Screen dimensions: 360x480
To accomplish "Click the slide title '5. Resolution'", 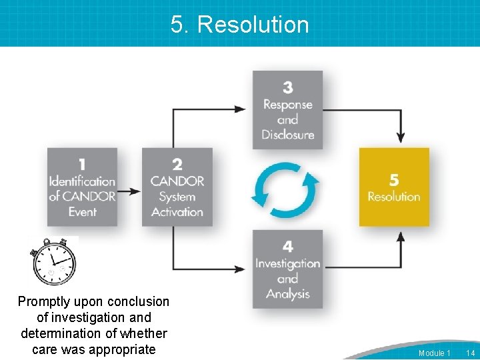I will pyautogui.click(x=240, y=25).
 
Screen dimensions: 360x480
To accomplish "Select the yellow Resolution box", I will pyautogui.click(x=394, y=187).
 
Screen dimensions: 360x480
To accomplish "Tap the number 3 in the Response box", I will pyautogui.click(x=287, y=87).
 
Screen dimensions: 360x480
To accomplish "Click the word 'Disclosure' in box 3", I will pyautogui.click(x=287, y=135).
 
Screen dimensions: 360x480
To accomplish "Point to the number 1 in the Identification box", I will pyautogui.click(x=82, y=165).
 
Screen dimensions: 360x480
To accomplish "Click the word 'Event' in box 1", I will pyautogui.click(x=82, y=212).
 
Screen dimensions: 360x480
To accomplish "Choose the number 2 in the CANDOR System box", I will pyautogui.click(x=177, y=165).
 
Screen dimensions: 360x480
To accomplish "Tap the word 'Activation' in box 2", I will pyautogui.click(x=177, y=212).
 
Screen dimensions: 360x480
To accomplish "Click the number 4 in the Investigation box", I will pyautogui.click(x=287, y=247).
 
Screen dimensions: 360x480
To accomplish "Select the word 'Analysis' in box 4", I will pyautogui.click(x=287, y=294).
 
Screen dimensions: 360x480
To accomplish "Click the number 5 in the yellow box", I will pyautogui.click(x=394, y=180).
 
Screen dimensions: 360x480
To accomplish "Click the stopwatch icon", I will pyautogui.click(x=54, y=262).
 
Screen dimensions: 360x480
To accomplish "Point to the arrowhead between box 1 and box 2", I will pyautogui.click(x=136, y=191).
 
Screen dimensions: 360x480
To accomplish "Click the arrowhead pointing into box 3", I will pyautogui.click(x=242, y=109).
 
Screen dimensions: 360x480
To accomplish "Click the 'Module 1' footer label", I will pyautogui.click(x=434, y=353).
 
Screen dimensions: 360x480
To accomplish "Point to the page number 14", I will pyautogui.click(x=470, y=353).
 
